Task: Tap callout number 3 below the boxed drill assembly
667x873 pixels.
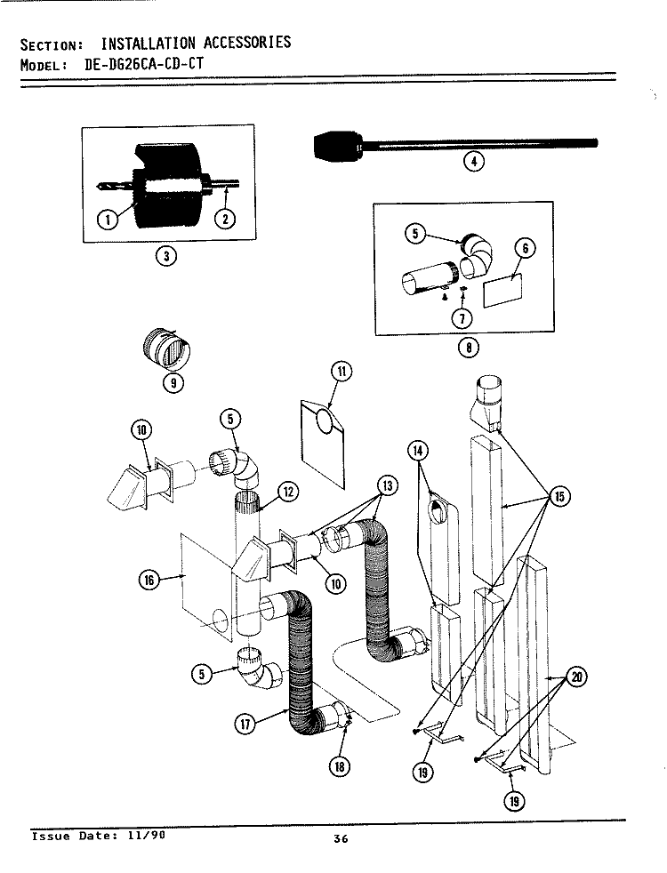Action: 165,257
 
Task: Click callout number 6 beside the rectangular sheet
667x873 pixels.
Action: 525,249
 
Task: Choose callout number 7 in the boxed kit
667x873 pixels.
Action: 462,317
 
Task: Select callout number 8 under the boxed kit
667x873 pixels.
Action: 464,348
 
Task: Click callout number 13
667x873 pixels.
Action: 387,485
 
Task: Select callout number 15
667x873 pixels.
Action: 559,496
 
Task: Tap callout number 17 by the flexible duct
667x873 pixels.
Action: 246,725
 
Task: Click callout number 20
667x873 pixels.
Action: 577,677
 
